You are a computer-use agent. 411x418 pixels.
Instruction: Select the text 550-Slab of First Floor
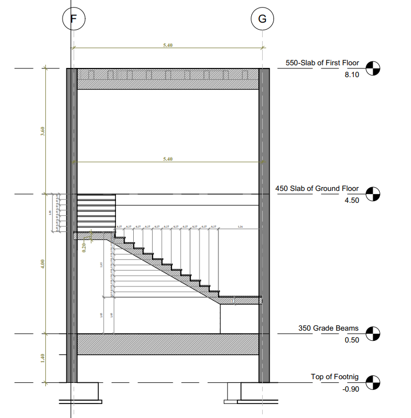tap(322, 64)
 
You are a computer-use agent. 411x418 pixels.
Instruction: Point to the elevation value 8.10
tap(351, 74)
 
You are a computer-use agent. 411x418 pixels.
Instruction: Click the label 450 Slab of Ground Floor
tap(317, 189)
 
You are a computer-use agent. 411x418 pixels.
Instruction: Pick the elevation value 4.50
tap(351, 200)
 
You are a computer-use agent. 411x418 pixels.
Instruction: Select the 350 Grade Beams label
tap(328, 328)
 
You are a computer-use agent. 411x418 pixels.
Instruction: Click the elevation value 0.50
tap(351, 340)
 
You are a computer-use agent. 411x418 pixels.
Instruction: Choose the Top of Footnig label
tap(334, 377)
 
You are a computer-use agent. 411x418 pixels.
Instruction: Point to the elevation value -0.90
tap(350, 388)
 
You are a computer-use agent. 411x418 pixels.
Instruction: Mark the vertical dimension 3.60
tap(43, 131)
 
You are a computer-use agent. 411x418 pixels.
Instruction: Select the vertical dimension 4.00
tap(43, 264)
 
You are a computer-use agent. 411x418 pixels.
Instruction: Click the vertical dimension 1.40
tap(43, 358)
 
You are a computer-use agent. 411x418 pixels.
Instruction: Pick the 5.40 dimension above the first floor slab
tap(168, 45)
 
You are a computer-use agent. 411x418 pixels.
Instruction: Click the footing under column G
tap(251, 392)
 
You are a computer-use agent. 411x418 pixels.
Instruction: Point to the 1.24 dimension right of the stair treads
tap(240, 227)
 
